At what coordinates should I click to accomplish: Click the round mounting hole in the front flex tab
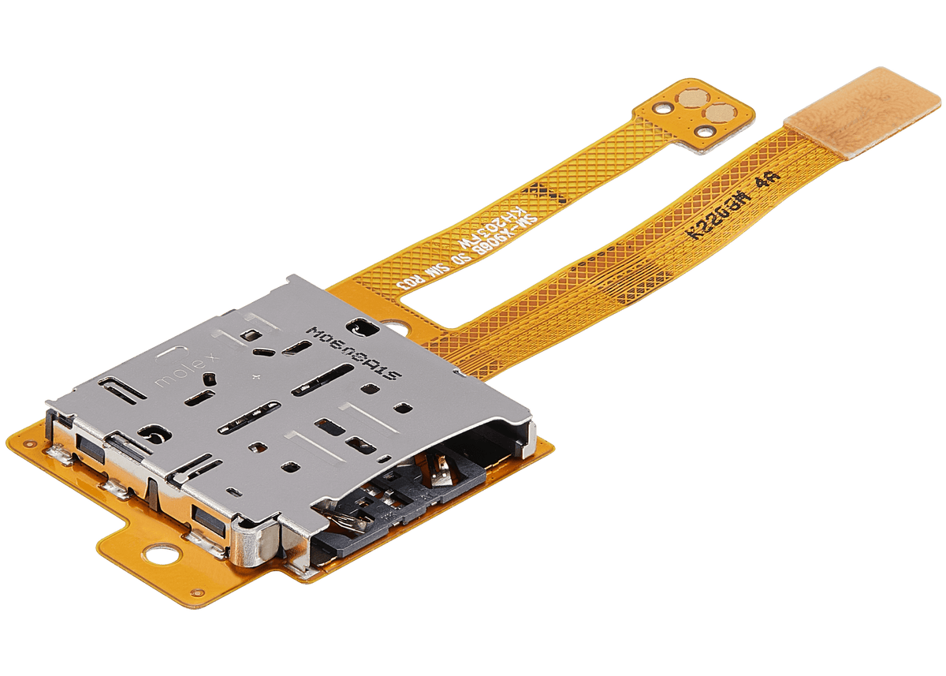164,557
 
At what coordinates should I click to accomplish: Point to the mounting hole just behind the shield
392,326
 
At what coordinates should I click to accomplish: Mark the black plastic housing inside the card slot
410,505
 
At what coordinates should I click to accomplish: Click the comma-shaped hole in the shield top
152,431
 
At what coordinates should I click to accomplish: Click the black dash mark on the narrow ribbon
543,190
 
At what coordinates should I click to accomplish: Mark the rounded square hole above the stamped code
360,324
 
